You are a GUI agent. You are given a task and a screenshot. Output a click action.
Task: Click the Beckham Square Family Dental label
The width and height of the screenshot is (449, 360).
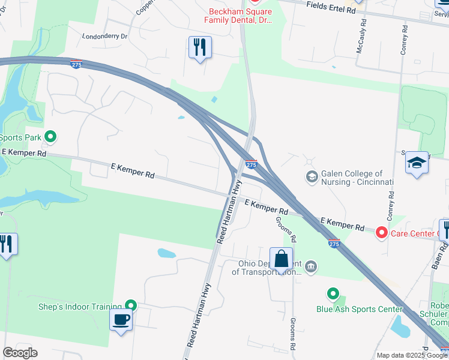coord(238,16)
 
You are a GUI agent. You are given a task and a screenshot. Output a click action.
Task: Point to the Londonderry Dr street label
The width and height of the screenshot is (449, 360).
coord(105,36)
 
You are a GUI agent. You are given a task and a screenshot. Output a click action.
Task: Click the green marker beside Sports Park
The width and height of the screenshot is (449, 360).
coord(51,137)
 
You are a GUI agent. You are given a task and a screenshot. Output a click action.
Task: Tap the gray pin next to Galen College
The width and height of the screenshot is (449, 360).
coord(312,176)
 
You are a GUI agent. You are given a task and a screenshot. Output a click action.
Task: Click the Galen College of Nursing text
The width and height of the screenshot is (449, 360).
coord(357,178)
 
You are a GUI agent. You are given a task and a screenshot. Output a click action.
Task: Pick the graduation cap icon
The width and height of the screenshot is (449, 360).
coord(417,163)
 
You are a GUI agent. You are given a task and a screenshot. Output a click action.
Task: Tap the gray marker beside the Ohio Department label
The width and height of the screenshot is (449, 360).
coord(310,266)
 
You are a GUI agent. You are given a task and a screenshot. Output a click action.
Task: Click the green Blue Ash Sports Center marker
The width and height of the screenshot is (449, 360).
coord(333,294)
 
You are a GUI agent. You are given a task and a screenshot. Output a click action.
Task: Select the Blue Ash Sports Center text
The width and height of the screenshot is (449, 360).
coord(360,310)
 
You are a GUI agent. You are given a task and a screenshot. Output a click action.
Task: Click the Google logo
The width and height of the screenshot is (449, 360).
coord(20,353)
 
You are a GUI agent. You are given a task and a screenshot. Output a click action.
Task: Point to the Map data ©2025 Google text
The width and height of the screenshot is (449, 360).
coord(412,355)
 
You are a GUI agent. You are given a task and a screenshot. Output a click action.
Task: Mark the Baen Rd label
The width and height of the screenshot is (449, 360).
coord(442,253)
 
